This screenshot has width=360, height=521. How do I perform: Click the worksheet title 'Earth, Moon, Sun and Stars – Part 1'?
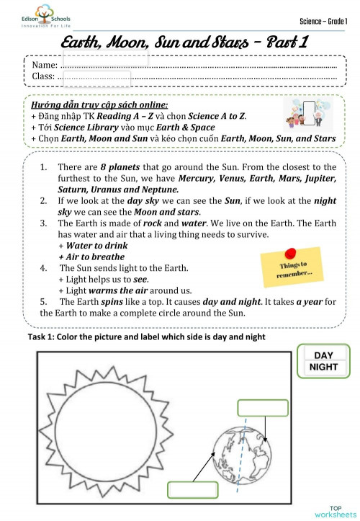(x=184, y=42)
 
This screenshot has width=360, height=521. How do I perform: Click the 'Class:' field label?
(x=44, y=76)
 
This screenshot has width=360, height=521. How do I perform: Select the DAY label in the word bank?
(x=324, y=355)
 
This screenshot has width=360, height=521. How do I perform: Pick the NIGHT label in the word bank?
(x=324, y=367)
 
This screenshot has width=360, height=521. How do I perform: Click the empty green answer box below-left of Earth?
(x=192, y=489)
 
